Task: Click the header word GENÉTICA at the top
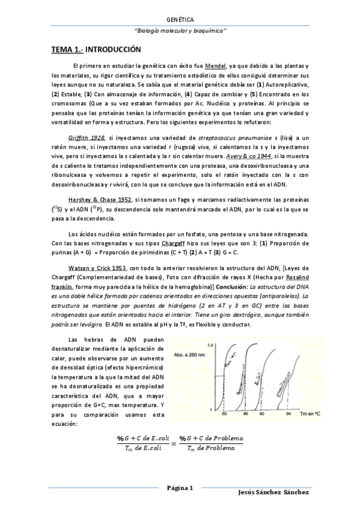(180, 20)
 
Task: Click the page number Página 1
(180, 488)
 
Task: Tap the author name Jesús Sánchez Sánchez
(273, 493)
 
